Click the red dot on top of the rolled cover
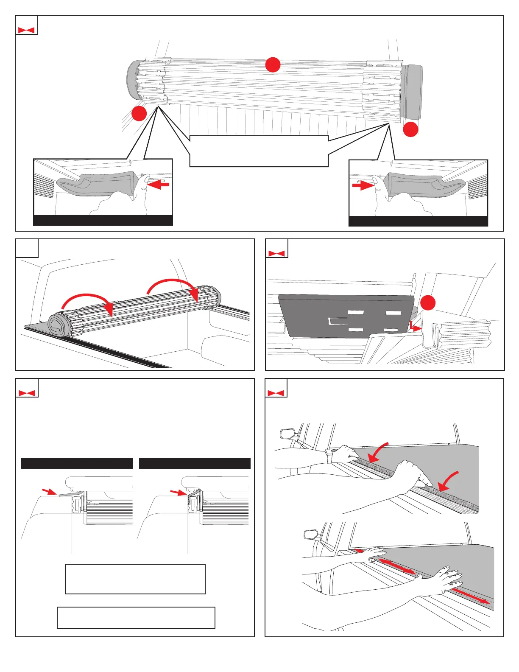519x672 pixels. coord(273,65)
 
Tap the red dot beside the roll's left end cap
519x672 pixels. coord(139,113)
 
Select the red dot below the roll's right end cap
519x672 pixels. coord(410,129)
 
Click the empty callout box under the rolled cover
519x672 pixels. coord(259,151)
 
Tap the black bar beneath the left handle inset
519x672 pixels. coord(103,221)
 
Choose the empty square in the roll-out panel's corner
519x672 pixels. coord(27,248)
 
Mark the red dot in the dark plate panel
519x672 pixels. coord(428,303)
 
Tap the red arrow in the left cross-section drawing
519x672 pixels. coord(49,492)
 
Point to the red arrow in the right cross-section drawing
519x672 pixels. coord(177,492)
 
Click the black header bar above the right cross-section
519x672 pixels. coord(195,463)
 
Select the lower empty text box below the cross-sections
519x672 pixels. coord(136,618)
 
